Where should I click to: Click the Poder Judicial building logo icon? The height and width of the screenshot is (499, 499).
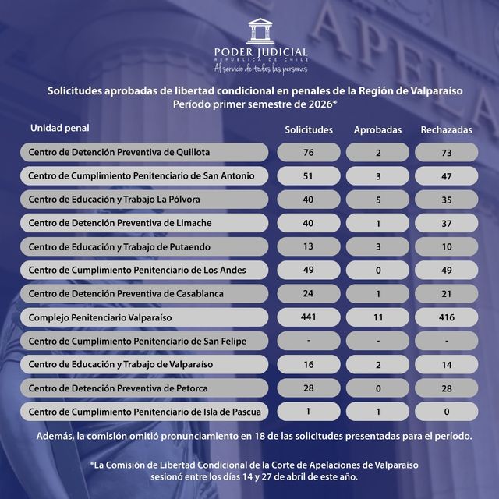[261, 32]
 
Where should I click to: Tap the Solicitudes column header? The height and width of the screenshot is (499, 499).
[309, 129]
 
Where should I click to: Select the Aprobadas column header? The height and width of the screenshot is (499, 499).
[377, 129]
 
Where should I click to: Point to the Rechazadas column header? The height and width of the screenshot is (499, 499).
[446, 129]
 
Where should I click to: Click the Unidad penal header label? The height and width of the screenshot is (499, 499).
[60, 127]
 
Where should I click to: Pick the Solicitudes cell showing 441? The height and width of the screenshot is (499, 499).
[309, 317]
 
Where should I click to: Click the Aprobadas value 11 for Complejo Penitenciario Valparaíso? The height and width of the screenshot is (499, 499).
[377, 317]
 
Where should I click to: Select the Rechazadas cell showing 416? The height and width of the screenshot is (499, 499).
[446, 317]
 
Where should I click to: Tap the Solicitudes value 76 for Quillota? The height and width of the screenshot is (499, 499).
[309, 152]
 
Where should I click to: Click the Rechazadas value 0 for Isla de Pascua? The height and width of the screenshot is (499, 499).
[446, 411]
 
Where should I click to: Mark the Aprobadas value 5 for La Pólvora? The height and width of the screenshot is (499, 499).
[377, 199]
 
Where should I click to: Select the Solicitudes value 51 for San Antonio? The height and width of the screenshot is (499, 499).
[309, 175]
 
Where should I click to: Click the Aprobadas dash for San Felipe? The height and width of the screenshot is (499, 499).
[377, 341]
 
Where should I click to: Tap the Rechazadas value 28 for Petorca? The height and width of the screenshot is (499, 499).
[446, 388]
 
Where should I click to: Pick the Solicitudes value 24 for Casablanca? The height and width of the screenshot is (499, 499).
[309, 293]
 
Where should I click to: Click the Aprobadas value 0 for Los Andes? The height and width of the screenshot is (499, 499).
[377, 270]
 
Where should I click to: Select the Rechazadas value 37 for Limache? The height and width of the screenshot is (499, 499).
[446, 223]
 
